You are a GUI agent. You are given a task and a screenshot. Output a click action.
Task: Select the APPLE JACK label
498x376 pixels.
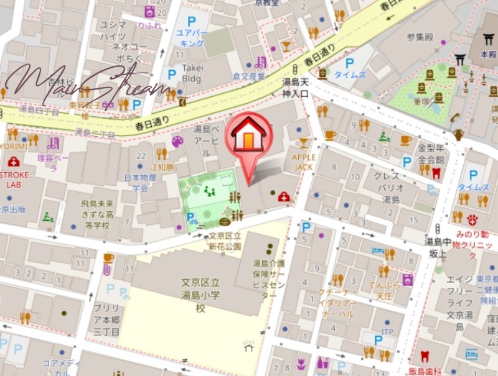pos(304,162)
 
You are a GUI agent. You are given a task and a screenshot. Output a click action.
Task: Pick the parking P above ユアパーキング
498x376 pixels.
pos(191,21)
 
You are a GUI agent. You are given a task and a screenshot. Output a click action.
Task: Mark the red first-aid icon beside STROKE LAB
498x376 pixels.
pos(14,162)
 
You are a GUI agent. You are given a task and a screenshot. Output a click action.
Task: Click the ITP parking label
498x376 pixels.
pos(387,331)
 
